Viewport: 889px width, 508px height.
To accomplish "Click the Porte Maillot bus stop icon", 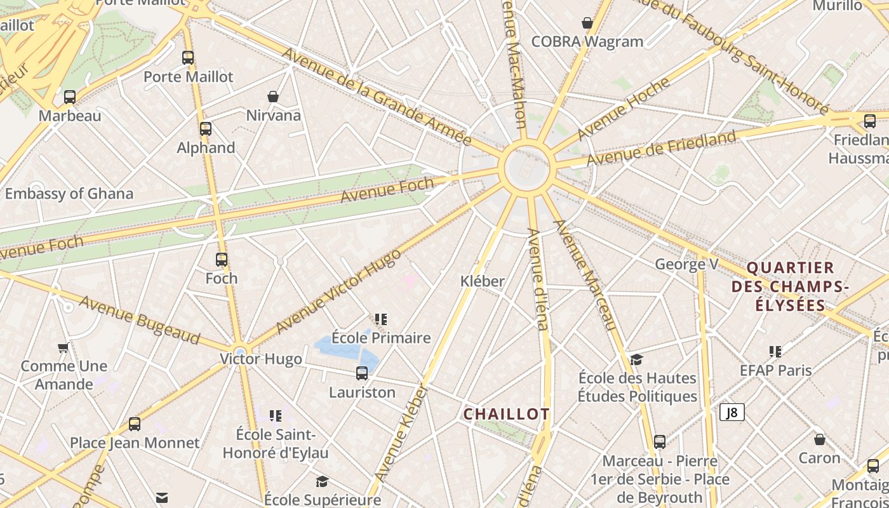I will [x=188, y=58].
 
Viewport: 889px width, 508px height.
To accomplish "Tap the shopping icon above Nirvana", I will [x=273, y=97].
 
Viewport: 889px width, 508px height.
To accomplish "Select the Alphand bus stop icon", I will [x=206, y=129].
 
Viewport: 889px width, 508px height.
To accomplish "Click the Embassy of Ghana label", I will [x=69, y=194].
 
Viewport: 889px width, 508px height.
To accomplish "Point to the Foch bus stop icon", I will [x=222, y=260].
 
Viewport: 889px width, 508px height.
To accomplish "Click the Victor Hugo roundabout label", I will [x=261, y=359].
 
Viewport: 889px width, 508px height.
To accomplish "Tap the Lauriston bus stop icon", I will [x=362, y=373].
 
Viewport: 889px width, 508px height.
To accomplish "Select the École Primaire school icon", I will [x=381, y=319].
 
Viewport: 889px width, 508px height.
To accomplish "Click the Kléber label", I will [x=483, y=281].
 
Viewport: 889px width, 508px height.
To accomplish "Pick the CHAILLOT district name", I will [x=506, y=414].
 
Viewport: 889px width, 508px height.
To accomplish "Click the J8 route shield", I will [x=732, y=413].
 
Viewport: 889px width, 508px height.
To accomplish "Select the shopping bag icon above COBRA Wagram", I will [x=587, y=23].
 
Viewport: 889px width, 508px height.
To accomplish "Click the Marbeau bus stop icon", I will [x=70, y=97].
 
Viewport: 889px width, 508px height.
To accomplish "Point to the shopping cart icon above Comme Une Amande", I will [x=63, y=347].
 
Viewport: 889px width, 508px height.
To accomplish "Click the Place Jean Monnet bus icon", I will [x=135, y=424].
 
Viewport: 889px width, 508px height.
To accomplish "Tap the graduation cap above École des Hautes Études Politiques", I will [x=636, y=359].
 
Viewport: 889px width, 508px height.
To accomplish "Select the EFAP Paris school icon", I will [x=775, y=351].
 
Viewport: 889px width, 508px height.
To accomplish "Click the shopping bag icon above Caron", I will [x=820, y=439].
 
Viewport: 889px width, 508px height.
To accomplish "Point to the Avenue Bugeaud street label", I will [x=140, y=319].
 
